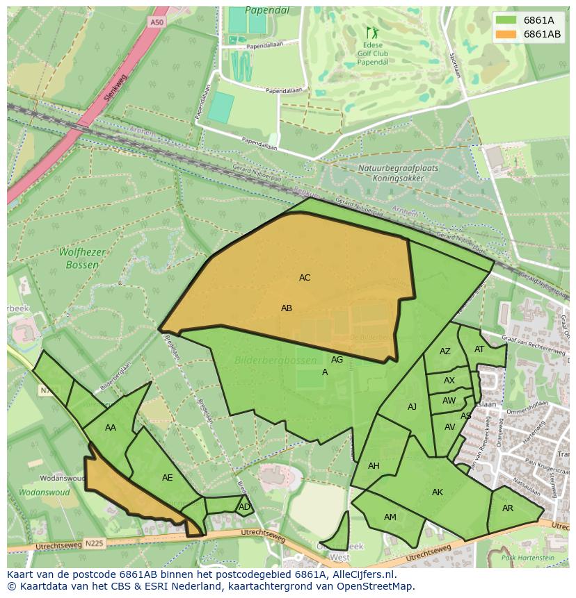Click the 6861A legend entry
click(x=527, y=20)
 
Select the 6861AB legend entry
click(x=527, y=34)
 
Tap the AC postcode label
click(x=305, y=278)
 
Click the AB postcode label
click(x=287, y=308)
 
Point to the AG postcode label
click(x=337, y=360)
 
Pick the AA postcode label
click(x=111, y=428)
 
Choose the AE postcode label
click(x=168, y=478)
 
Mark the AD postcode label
click(x=244, y=507)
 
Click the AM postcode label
click(x=390, y=517)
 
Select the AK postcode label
click(x=438, y=492)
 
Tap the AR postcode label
click(x=508, y=508)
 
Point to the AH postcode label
click(x=374, y=466)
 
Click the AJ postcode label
click(x=413, y=407)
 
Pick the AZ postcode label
click(x=445, y=351)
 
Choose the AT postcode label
click(x=479, y=349)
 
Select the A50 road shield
click(x=159, y=22)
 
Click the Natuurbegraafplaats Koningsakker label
click(x=392, y=173)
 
